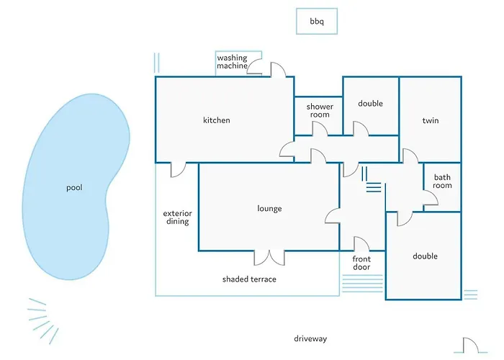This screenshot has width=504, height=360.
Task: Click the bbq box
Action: pos(317,22)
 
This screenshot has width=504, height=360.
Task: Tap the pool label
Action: pos(74,188)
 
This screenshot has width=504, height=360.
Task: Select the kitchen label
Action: pos(216,120)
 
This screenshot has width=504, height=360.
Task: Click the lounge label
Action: pos(269,209)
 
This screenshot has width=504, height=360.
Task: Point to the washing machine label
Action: pos(232,62)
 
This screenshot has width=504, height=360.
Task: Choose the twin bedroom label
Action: pos(431,120)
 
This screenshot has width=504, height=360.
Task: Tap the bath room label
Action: pos(442,181)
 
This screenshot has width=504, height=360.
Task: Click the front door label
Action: pos(361,263)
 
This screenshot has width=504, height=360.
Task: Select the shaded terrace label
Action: pos(249,279)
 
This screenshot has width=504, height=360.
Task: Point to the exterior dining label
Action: pos(176,217)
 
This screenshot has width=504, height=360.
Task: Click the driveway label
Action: pos(310,338)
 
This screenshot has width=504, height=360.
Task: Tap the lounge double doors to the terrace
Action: pos(270,257)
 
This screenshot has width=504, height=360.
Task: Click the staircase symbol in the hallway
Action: pos(371,180)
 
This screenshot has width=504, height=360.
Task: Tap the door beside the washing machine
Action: pos(278,68)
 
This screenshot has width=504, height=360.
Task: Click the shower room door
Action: pos(319,127)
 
